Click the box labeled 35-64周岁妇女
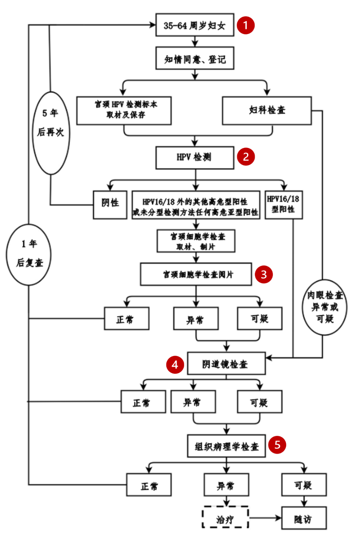[195, 25]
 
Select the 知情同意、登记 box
[195, 59]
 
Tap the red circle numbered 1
[246, 25]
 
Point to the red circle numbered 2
[246, 157]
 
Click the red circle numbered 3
[264, 274]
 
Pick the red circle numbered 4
[175, 365]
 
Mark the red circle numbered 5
[277, 445]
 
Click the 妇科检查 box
[267, 111]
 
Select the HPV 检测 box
[195, 157]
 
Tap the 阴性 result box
[110, 205]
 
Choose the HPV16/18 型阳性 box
[284, 205]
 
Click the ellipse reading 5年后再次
[51, 133]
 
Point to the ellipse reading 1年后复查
[29, 255]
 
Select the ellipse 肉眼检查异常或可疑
[325, 307]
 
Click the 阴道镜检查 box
[226, 363]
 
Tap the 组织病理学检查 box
[226, 446]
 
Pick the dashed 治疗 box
[225, 517]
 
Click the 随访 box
[304, 518]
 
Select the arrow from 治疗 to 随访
[265, 518]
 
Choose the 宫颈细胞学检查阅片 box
[196, 274]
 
